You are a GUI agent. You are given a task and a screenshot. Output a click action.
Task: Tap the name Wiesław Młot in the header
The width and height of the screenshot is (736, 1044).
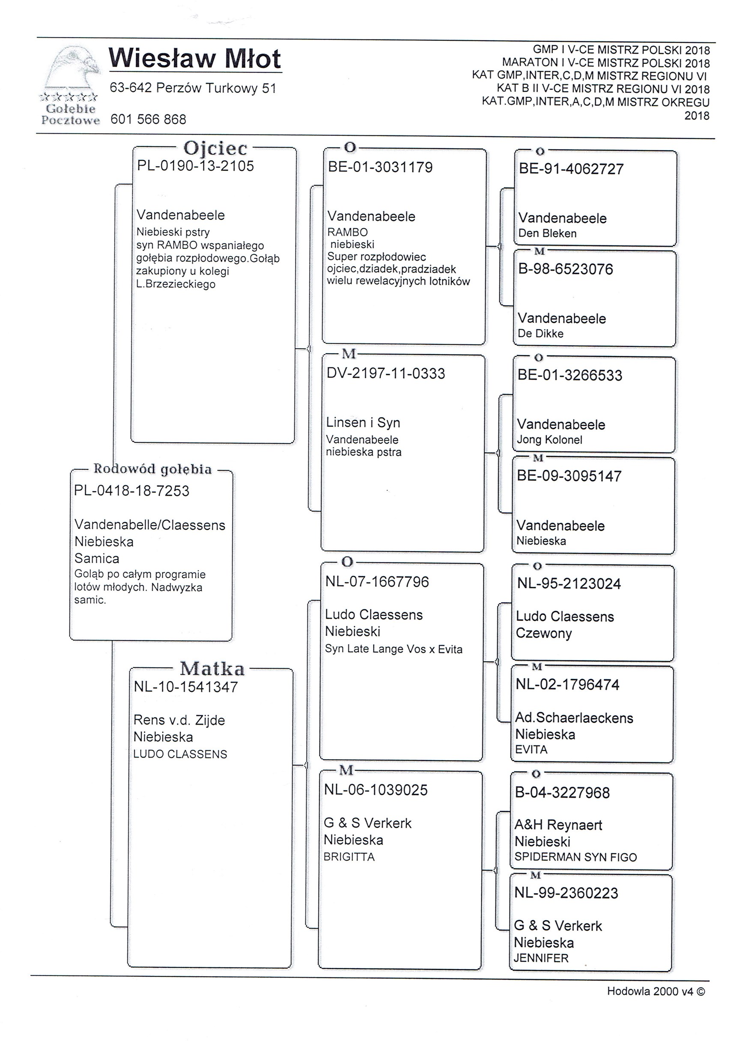point(195,59)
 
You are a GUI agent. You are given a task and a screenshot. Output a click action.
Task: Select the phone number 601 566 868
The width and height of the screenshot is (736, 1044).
point(148,119)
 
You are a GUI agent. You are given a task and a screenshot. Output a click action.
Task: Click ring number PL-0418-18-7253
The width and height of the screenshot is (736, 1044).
point(131,491)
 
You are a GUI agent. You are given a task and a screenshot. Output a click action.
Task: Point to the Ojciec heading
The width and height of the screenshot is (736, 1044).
point(215,148)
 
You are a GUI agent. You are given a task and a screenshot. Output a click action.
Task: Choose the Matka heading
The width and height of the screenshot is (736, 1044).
point(212,669)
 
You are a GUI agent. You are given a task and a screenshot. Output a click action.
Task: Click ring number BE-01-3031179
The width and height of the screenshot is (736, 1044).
point(380,167)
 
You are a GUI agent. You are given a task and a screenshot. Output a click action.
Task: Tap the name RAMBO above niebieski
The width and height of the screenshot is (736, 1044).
point(348,233)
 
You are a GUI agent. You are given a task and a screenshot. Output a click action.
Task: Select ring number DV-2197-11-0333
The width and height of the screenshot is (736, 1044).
point(385,374)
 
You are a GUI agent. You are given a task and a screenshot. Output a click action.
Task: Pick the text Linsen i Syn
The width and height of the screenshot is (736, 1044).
point(363,423)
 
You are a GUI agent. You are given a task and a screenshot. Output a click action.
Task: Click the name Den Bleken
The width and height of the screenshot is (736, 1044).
point(547,234)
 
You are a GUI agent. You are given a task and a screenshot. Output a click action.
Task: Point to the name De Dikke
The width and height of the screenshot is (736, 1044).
point(540,334)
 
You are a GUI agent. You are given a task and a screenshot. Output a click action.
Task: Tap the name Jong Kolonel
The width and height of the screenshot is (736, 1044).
point(549,440)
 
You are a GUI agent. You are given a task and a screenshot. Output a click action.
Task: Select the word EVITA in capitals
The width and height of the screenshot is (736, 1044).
point(531,749)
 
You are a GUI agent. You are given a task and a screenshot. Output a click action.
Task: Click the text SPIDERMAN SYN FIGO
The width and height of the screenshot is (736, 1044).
point(575,857)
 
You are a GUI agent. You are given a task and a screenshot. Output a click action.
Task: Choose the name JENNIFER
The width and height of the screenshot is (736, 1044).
point(541,958)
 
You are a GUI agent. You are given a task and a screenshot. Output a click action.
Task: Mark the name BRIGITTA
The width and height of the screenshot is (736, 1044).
point(349,857)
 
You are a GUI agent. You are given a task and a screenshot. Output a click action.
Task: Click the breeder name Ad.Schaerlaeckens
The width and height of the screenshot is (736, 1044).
point(574,718)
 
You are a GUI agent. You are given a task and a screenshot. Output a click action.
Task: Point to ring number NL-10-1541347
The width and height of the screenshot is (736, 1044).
point(185,686)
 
